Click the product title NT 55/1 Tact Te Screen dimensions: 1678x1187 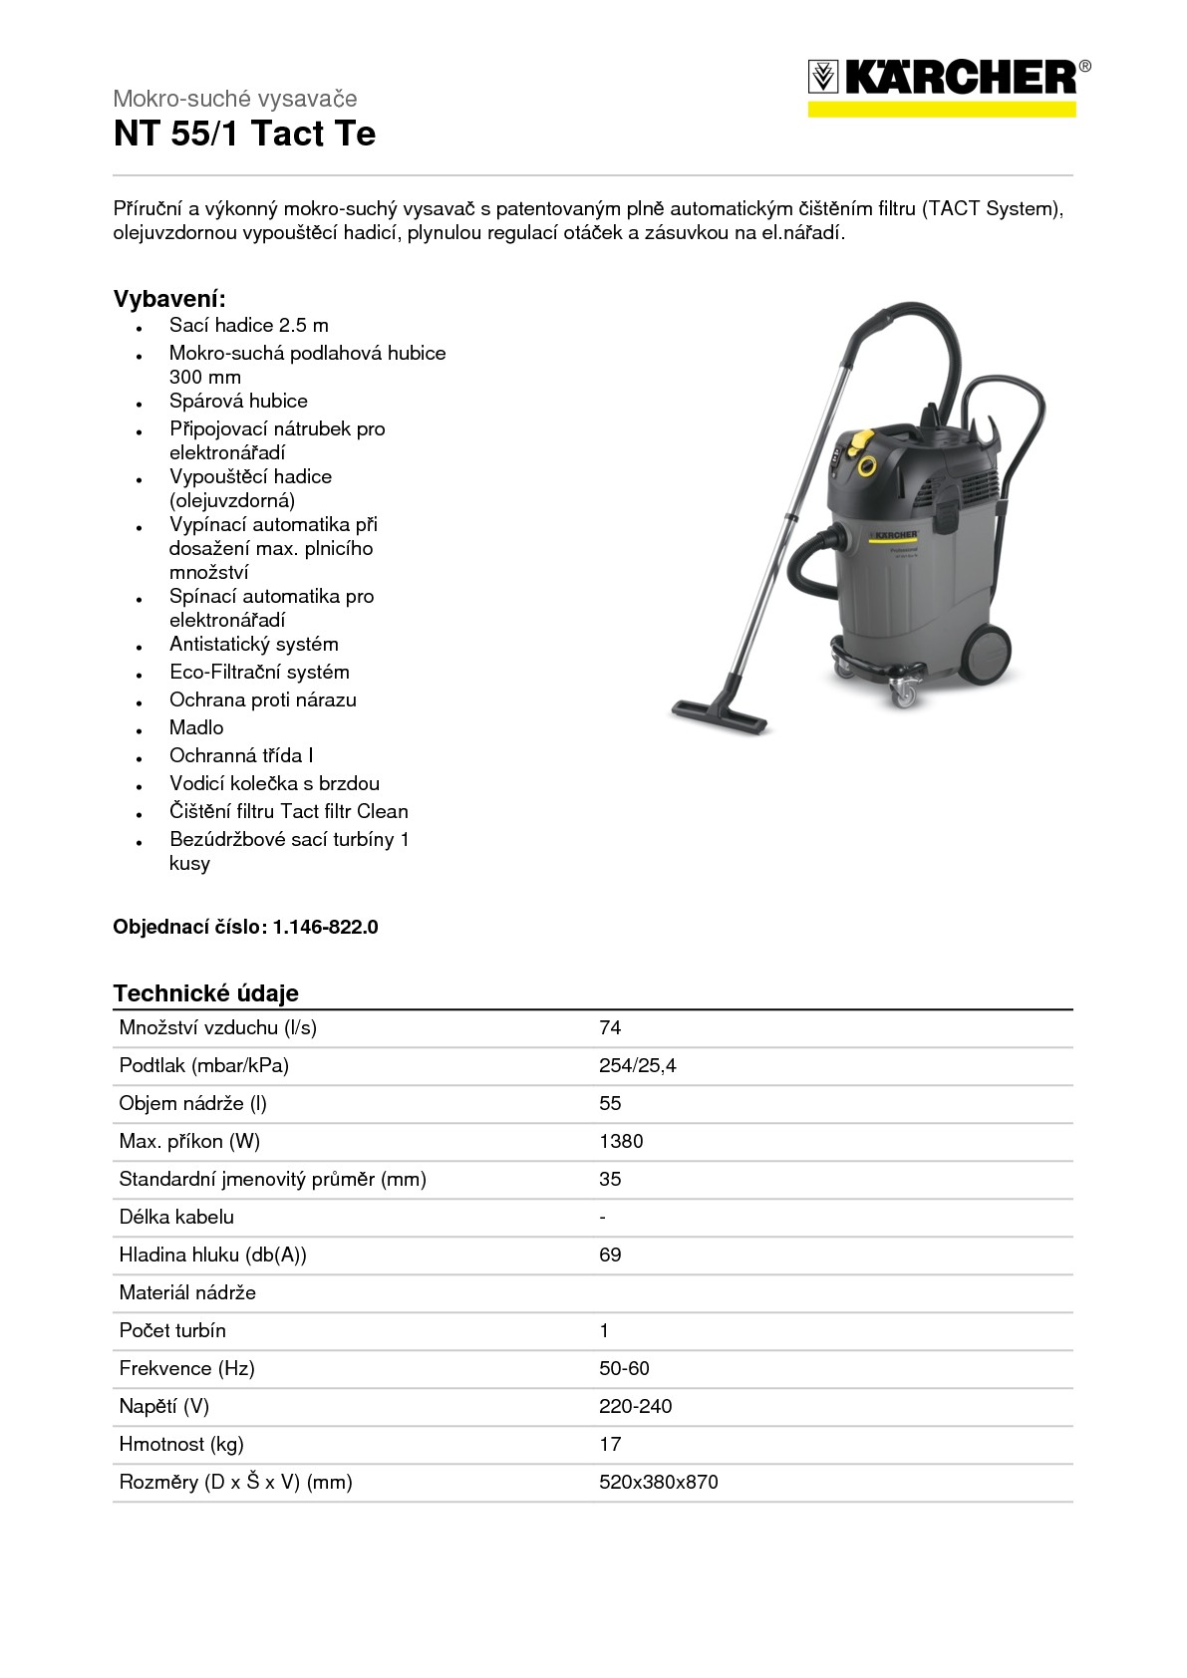(244, 134)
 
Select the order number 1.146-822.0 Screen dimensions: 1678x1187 (326, 927)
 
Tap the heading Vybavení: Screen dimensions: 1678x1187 (169, 299)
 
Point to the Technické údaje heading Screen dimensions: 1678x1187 (205, 992)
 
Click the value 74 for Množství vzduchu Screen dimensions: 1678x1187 (610, 1027)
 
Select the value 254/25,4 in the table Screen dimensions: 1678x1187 (637, 1065)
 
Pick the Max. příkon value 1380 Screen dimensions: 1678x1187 (621, 1141)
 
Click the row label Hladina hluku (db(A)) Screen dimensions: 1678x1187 (212, 1255)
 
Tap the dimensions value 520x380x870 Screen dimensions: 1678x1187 (658, 1482)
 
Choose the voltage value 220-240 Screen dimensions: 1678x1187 (635, 1406)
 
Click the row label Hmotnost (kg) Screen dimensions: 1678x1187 (180, 1444)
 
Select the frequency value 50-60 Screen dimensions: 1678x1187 (624, 1368)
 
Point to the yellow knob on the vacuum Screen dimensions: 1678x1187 (866, 463)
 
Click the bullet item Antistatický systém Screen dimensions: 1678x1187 (253, 644)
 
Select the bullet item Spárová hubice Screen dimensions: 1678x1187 (238, 401)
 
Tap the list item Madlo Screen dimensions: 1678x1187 (196, 727)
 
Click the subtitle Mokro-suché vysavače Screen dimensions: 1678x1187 (234, 99)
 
